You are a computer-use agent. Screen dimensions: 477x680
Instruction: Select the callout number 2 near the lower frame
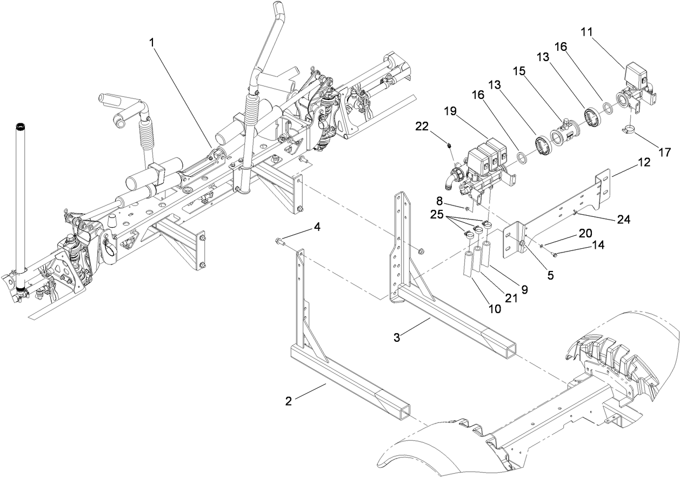pos(289,401)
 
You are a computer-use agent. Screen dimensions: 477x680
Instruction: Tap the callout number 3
pos(397,337)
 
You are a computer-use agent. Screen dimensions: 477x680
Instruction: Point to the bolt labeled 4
pos(278,241)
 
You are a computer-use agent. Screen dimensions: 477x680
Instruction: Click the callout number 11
pos(587,32)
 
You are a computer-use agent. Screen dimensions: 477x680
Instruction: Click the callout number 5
pos(550,275)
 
